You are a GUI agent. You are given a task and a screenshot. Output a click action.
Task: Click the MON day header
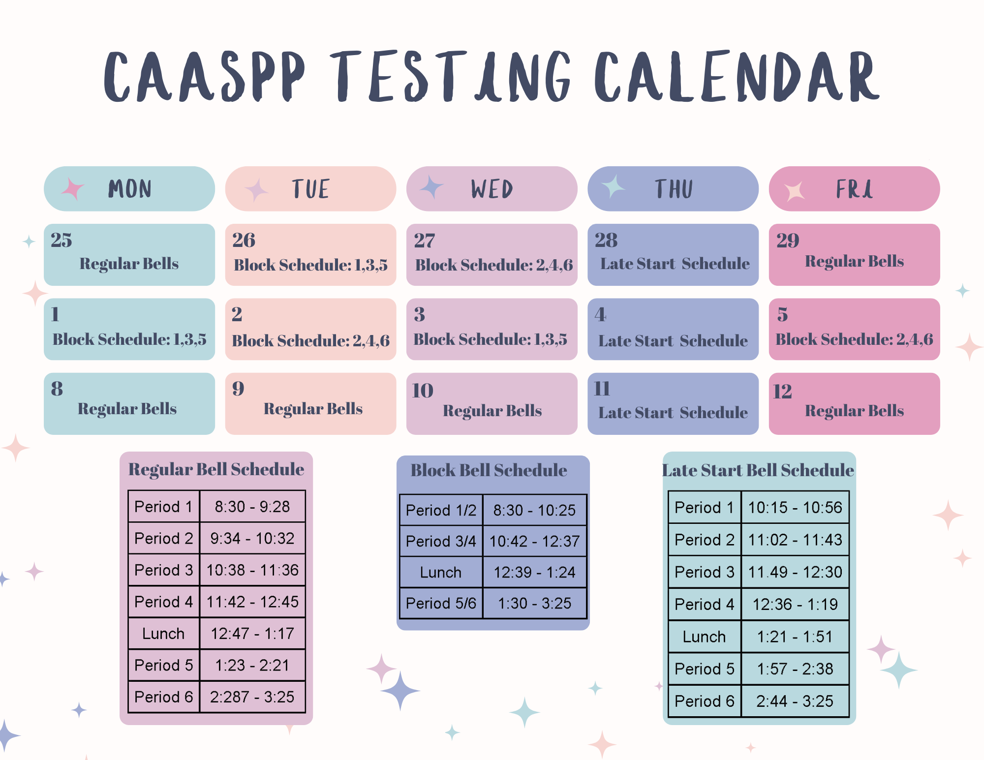129,189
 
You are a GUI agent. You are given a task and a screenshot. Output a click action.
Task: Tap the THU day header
673,189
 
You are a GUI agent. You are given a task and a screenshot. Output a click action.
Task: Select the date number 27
425,241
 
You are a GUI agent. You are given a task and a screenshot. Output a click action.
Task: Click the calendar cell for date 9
310,403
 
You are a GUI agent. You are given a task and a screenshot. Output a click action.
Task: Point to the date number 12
782,392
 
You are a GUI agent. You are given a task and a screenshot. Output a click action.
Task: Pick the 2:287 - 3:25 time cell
252,697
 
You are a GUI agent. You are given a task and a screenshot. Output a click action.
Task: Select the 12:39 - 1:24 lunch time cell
535,572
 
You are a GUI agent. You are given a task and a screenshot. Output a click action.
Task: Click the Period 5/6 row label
441,603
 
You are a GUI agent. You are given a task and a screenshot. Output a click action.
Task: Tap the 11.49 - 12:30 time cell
795,572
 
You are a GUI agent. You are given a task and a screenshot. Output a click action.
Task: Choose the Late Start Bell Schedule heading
758,470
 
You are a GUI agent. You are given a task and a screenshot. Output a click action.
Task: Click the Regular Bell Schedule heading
216,469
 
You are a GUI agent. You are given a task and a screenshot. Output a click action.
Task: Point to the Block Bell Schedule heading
489,470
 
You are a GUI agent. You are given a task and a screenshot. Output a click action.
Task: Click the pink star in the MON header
73,188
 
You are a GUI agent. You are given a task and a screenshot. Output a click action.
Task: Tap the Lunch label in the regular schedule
163,634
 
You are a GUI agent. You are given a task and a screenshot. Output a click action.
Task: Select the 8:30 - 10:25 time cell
535,510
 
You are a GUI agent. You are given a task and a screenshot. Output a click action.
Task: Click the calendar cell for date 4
673,329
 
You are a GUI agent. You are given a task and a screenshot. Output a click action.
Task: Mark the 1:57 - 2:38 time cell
795,669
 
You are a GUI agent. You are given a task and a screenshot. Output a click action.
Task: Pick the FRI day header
854,189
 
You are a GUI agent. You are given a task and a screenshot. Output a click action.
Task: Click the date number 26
244,241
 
